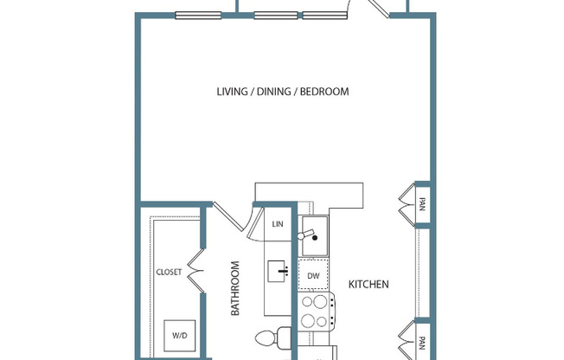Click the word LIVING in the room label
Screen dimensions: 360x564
pyautogui.click(x=232, y=92)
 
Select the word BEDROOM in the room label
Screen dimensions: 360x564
pyautogui.click(x=324, y=92)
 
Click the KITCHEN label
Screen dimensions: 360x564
pyautogui.click(x=369, y=284)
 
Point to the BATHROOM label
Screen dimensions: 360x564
pyautogui.click(x=235, y=288)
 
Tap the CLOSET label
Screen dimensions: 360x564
pyautogui.click(x=169, y=272)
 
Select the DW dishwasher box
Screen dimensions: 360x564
pyautogui.click(x=312, y=276)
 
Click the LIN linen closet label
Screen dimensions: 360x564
pyautogui.click(x=278, y=224)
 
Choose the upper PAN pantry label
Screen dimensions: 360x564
pyautogui.click(x=422, y=205)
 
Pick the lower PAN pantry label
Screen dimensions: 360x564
pyautogui.click(x=422, y=342)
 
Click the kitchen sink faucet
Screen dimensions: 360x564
pyautogui.click(x=308, y=235)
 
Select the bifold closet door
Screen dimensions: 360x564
pyautogui.click(x=195, y=271)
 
